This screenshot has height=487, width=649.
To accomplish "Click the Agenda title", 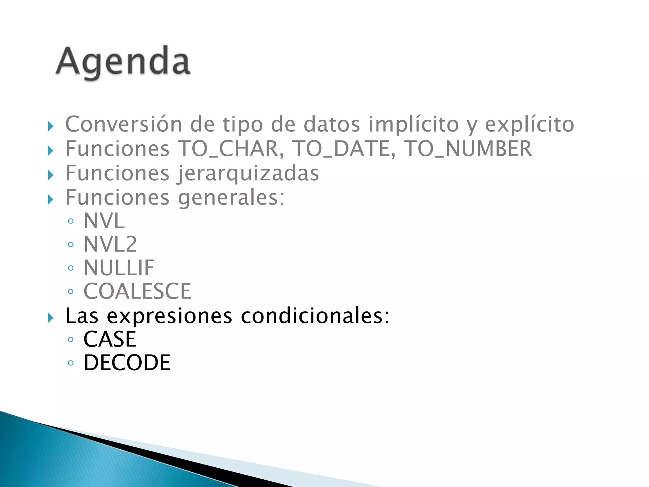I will pyautogui.click(x=123, y=62).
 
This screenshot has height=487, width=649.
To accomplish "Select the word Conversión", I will pyautogui.click(x=124, y=124).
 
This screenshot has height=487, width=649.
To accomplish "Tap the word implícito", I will pyautogui.click(x=414, y=124).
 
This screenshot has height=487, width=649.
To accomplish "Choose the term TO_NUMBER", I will pyautogui.click(x=468, y=148).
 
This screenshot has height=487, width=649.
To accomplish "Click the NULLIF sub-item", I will pyautogui.click(x=119, y=268).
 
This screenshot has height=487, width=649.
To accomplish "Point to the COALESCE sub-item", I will pyautogui.click(x=137, y=291).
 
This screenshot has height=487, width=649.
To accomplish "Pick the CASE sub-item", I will pyautogui.click(x=110, y=339).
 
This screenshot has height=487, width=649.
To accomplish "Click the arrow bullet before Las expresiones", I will pyautogui.click(x=50, y=317).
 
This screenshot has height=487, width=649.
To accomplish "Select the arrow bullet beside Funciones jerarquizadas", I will pyautogui.click(x=50, y=175).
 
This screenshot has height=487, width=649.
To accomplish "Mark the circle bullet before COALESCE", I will pyautogui.click(x=71, y=291).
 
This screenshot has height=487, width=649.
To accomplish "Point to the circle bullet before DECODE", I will pyautogui.click(x=71, y=363).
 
